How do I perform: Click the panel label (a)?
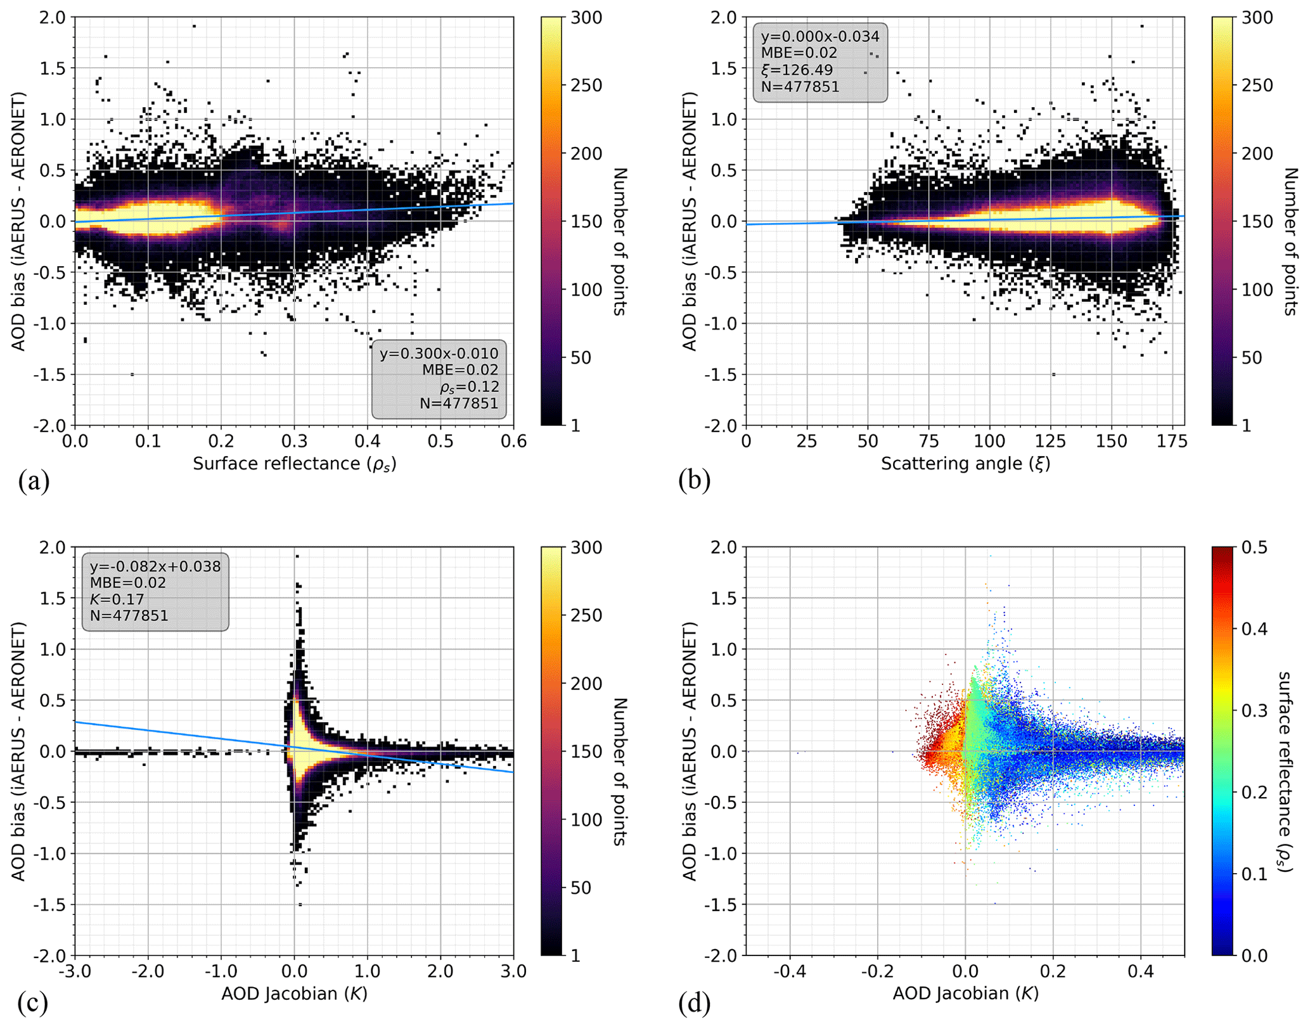[x=34, y=482]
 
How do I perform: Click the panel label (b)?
[x=694, y=482]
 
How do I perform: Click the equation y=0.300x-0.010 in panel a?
[x=439, y=354]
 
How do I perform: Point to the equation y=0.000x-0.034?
[x=820, y=37]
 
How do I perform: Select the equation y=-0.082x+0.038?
[x=155, y=566]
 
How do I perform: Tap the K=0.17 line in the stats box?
[x=117, y=599]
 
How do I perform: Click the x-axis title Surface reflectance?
[x=294, y=464]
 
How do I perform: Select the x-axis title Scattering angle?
[x=965, y=464]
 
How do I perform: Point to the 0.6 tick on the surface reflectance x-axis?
[x=513, y=441]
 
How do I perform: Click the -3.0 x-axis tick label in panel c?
[x=75, y=971]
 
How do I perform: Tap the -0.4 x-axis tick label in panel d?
[x=789, y=971]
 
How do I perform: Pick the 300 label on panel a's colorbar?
[x=586, y=18]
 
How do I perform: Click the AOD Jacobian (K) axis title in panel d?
[x=965, y=993]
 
